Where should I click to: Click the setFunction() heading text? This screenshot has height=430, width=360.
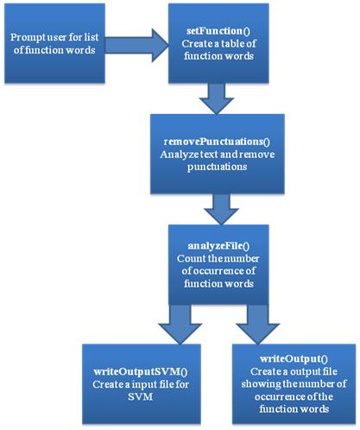click(218, 31)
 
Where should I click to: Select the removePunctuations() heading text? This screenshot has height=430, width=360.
click(217, 142)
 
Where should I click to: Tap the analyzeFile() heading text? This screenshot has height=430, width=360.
click(218, 246)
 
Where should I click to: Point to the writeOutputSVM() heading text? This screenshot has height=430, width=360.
click(141, 371)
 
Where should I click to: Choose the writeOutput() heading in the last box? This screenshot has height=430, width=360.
click(294, 358)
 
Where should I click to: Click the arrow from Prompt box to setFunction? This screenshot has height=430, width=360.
click(136, 45)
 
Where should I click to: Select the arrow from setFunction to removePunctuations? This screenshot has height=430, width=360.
click(217, 98)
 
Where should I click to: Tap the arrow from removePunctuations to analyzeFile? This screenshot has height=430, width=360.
click(221, 209)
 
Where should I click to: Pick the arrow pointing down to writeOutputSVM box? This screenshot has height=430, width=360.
click(180, 324)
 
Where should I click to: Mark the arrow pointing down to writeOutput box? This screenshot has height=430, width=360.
click(258, 324)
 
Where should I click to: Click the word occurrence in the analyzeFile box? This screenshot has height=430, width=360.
click(217, 271)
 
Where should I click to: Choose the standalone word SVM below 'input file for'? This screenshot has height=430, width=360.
click(140, 397)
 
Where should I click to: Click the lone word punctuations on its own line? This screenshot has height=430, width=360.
click(217, 168)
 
